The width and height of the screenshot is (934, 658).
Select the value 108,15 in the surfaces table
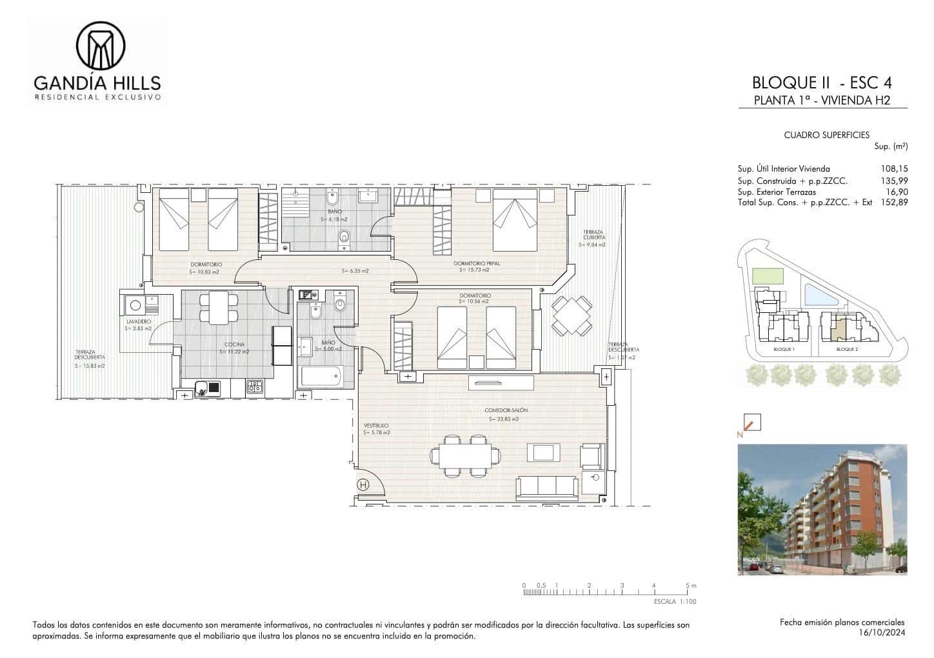pyautogui.click(x=894, y=168)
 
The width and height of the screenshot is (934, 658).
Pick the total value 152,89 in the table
pyautogui.click(x=894, y=202)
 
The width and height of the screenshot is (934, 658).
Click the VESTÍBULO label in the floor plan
pyautogui.click(x=376, y=426)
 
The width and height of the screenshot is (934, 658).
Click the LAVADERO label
pyautogui.click(x=138, y=321)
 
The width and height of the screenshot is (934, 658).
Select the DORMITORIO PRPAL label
pyautogui.click(x=477, y=263)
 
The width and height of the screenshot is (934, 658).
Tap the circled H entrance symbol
pyautogui.click(x=363, y=485)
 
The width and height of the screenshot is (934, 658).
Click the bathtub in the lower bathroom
pyautogui.click(x=320, y=376)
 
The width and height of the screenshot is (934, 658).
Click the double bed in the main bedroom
pyautogui.click(x=515, y=219)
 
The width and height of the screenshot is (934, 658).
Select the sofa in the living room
pyautogui.click(x=546, y=487)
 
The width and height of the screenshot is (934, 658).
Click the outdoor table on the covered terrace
pyautogui.click(x=571, y=315)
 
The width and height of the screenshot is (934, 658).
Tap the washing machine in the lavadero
pyautogui.click(x=135, y=306)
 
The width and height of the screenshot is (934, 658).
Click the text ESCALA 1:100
pyautogui.click(x=675, y=601)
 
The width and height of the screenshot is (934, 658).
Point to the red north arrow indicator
pyautogui.click(x=751, y=423)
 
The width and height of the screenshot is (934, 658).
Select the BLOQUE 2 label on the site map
pyautogui.click(x=846, y=349)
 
